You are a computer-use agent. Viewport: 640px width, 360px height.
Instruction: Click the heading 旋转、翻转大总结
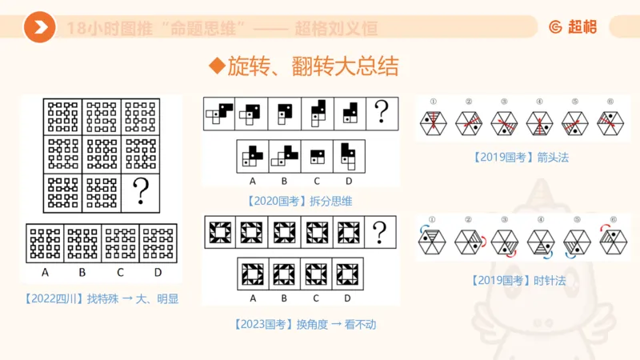click(x=303, y=66)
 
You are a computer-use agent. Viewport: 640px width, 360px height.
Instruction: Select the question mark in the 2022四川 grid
click(x=141, y=191)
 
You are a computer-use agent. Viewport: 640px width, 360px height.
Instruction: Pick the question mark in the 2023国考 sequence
click(x=380, y=233)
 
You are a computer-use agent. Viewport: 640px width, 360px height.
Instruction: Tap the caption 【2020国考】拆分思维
click(x=300, y=200)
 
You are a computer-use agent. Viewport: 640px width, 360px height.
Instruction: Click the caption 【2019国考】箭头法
click(x=521, y=158)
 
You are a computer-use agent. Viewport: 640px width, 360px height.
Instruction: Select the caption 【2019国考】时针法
click(x=521, y=280)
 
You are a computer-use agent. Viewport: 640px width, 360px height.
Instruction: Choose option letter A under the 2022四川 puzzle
click(x=45, y=272)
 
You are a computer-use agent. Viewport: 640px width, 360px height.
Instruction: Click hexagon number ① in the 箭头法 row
click(x=432, y=102)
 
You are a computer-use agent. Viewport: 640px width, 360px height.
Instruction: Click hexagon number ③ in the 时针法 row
click(x=504, y=220)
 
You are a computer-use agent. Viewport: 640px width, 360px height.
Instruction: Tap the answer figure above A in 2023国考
click(x=254, y=273)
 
